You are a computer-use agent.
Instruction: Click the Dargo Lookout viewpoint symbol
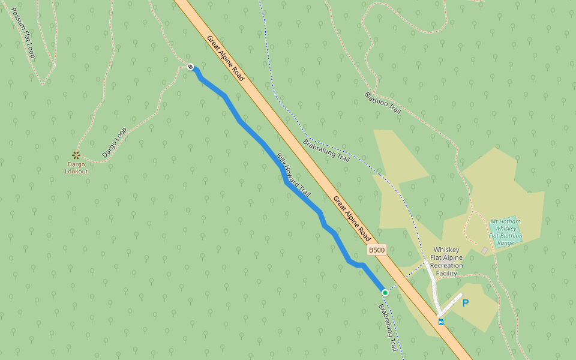[76, 155]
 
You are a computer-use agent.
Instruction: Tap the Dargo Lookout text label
[76, 167]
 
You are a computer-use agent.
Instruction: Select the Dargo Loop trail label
[114, 142]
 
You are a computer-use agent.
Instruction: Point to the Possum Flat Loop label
[23, 33]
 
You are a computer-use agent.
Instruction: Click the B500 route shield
[376, 250]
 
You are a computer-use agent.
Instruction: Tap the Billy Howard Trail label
[293, 175]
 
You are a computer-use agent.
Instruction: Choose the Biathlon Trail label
[382, 103]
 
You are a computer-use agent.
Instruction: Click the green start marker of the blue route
[385, 292]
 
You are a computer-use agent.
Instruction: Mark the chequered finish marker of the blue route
[190, 67]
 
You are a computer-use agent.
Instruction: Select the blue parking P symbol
[465, 304]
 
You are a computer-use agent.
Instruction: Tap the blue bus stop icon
[441, 322]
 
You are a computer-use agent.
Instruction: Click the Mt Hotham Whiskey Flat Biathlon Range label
[505, 232]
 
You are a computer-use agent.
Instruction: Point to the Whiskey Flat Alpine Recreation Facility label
[446, 262]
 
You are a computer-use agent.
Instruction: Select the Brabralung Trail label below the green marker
[388, 328]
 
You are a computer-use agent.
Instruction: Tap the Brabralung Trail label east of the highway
[326, 151]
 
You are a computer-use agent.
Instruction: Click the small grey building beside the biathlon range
[485, 250]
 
